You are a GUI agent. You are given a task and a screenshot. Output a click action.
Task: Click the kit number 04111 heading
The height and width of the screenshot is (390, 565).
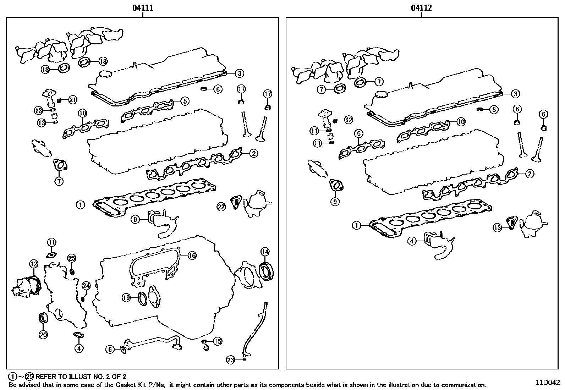143,8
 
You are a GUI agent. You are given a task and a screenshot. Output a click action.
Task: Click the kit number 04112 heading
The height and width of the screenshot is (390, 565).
422,8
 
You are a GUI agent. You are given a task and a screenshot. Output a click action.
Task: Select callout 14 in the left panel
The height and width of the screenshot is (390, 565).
265,252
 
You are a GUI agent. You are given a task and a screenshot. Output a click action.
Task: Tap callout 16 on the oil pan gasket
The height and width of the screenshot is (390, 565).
192,256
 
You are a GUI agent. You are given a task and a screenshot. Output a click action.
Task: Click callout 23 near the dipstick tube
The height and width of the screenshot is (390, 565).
231,360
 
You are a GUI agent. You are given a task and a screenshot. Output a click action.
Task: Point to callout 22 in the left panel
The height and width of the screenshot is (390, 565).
221,207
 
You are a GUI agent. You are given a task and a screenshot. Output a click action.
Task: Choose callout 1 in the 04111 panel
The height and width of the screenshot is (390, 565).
81,205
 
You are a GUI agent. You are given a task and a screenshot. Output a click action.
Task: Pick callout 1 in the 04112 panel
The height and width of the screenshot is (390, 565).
356,225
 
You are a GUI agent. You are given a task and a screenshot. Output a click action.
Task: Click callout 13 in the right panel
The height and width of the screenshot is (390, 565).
497,227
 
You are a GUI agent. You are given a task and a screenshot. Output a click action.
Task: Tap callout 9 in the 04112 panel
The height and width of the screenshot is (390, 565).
335,202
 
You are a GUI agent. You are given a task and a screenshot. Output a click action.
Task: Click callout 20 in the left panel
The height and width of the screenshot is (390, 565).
43,334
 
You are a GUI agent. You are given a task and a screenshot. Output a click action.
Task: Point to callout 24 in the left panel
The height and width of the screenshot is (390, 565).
86,286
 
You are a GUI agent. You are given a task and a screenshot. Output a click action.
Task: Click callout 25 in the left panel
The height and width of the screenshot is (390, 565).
71,258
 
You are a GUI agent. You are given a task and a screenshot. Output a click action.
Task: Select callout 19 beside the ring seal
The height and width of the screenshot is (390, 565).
126,298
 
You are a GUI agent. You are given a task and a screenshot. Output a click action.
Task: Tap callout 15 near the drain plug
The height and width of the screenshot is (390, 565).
218,341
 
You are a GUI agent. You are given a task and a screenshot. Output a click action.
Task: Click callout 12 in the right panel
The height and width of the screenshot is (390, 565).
348,120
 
